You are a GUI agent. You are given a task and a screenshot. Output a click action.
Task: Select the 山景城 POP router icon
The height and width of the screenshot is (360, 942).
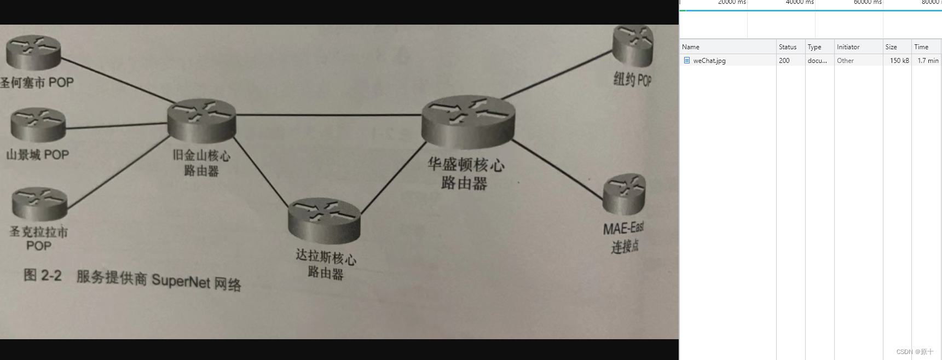click(38, 125)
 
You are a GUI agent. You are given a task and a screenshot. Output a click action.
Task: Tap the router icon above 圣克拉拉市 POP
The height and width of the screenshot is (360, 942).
click(39, 204)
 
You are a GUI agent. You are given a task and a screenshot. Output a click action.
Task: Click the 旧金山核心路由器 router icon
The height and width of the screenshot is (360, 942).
click(202, 120)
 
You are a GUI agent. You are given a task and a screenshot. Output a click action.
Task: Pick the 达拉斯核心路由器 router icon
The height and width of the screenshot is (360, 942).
click(324, 220)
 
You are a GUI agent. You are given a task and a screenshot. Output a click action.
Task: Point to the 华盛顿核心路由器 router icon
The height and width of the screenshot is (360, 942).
click(468, 122)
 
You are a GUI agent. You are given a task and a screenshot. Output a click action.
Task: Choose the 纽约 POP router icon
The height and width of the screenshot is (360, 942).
click(633, 45)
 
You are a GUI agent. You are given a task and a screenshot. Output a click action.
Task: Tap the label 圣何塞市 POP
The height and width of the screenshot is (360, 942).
click(37, 83)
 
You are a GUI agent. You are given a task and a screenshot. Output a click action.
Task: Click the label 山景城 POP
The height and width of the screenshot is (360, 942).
click(38, 155)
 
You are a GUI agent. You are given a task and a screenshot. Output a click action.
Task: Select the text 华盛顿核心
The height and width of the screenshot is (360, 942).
click(466, 164)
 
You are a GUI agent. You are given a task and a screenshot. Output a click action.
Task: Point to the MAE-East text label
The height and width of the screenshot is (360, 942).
click(623, 228)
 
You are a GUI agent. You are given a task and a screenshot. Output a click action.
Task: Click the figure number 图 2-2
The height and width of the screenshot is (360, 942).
click(43, 275)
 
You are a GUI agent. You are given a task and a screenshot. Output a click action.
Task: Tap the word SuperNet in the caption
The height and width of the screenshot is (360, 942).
click(181, 281)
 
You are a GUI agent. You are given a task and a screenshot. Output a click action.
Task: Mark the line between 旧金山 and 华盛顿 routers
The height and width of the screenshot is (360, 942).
click(328, 115)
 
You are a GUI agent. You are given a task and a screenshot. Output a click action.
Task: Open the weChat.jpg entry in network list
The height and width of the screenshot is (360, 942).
click(709, 61)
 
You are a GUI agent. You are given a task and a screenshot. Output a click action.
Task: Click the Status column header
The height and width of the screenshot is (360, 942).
click(788, 47)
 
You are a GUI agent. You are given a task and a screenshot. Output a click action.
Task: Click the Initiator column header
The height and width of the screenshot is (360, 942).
click(848, 47)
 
